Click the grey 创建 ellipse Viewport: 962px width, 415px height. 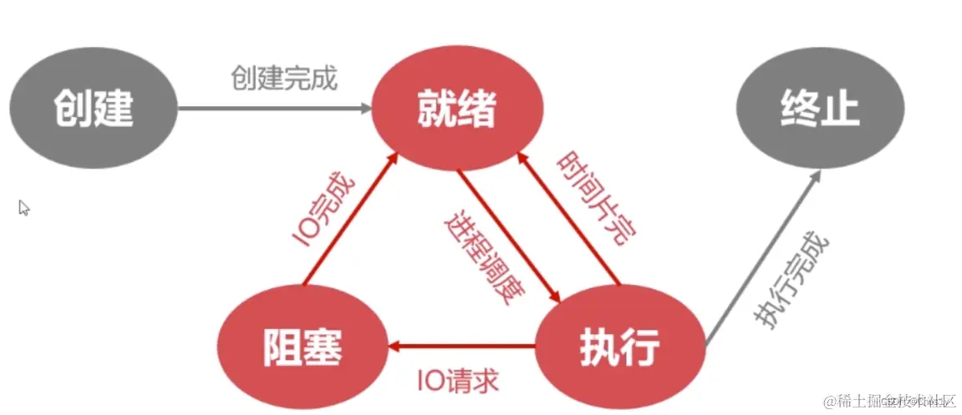[94, 108]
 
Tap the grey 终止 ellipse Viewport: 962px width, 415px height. [819, 109]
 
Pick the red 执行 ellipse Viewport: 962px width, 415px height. [619, 345]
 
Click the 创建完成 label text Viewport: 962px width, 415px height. [283, 78]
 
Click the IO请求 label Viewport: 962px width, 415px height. [459, 381]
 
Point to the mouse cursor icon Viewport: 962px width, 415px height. [24, 207]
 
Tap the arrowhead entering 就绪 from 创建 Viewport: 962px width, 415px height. [365, 108]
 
